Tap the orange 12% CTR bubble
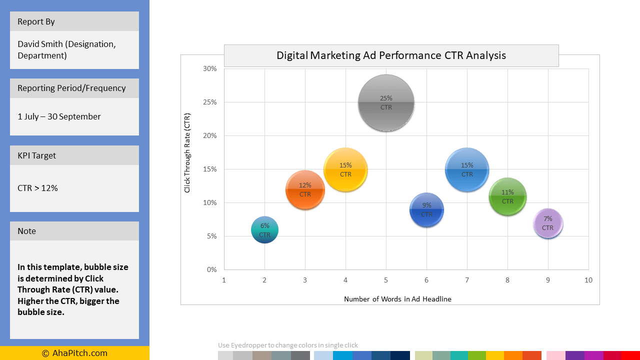(305, 190)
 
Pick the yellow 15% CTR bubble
(345, 169)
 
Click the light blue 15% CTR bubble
(467, 169)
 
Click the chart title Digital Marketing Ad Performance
(391, 55)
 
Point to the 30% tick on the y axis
(210, 69)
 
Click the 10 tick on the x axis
(588, 280)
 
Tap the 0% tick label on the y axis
(211, 269)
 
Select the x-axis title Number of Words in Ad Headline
(397, 299)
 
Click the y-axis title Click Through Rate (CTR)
(187, 152)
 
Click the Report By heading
(36, 21)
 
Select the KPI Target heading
(36, 155)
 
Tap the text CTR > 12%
(37, 188)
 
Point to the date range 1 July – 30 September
(59, 116)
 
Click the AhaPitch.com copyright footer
(74, 353)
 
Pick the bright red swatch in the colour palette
(630, 355)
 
